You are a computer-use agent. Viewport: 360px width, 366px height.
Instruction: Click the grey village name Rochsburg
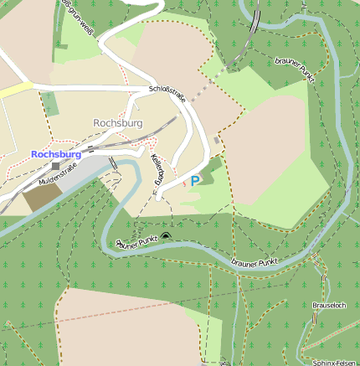tap(118, 123)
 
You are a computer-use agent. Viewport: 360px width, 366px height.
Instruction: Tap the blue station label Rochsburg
tap(56, 154)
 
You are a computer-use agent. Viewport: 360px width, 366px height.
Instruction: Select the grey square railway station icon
tap(55, 166)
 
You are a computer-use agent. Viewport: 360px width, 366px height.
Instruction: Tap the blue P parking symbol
tap(195, 180)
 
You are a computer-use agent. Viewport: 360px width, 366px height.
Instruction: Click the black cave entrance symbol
tap(165, 236)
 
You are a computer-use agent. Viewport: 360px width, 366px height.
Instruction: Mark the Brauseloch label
tap(328, 305)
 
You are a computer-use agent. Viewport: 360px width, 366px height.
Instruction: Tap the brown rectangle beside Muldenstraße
tap(39, 198)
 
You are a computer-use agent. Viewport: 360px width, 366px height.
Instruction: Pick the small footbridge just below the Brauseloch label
tap(321, 320)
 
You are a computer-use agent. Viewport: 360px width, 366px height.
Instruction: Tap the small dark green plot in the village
tap(51, 104)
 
